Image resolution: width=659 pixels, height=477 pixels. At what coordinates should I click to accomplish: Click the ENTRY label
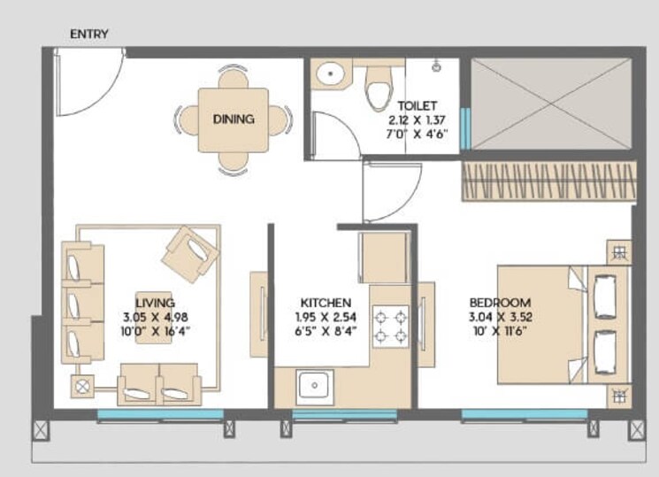coord(88,35)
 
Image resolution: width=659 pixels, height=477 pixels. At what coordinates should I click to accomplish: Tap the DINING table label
coord(234,119)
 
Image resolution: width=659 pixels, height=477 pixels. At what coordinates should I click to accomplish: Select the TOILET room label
coord(417,106)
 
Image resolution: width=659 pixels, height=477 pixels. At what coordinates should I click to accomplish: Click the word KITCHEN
coord(325,302)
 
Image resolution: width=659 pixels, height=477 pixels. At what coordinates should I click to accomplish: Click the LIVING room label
coord(155,302)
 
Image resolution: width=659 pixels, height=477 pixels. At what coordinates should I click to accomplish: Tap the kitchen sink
coord(312,386)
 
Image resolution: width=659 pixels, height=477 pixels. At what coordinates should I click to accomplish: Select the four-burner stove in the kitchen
coord(389,325)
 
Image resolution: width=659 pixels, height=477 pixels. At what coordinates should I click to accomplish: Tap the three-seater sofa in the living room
coord(82,302)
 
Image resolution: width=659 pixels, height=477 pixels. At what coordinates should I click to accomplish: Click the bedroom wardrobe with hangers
coord(548,181)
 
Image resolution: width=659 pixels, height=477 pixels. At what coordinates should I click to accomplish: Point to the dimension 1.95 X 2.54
coord(325,316)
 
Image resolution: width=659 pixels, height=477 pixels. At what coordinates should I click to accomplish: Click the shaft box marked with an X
coord(552,104)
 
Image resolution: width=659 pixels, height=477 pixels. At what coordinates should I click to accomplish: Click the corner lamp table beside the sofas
coord(85,386)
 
